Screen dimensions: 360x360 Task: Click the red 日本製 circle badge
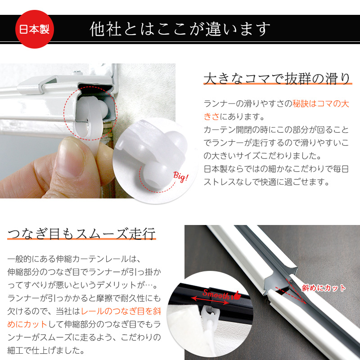[35, 29]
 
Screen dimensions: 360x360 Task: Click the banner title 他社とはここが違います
[180, 29]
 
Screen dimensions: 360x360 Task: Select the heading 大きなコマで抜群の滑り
[277, 79]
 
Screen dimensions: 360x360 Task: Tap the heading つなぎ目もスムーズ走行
[82, 234]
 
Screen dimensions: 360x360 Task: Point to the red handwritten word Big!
[181, 176]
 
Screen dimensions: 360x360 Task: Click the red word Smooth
[216, 294]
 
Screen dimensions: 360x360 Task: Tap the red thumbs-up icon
[237, 295]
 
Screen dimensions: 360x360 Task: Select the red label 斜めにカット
[324, 288]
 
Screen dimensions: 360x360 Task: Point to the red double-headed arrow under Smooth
[210, 301]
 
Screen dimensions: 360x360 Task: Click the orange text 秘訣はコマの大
[321, 104]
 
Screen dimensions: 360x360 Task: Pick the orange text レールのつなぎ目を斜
[121, 311]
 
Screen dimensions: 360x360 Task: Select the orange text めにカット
[27, 324]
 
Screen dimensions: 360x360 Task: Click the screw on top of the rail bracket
[78, 73]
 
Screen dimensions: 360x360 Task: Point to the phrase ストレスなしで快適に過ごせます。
[266, 182]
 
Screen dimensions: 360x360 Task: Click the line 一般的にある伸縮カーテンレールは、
[74, 259]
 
